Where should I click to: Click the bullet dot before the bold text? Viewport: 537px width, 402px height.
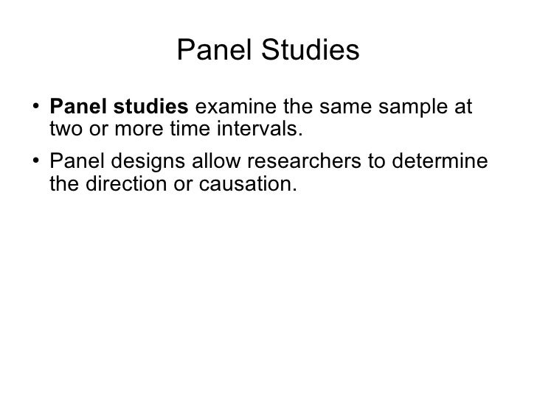(x=36, y=107)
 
